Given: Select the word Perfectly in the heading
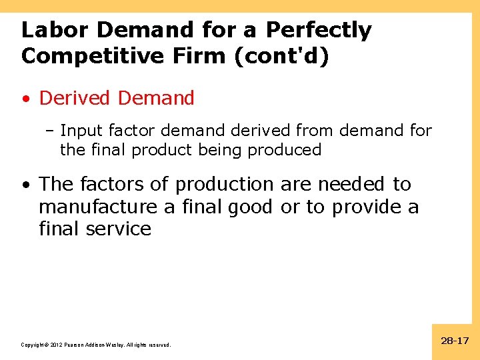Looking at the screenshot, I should (319, 30).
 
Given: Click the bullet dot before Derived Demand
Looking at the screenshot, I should (25, 99).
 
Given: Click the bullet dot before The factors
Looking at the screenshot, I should (25, 185).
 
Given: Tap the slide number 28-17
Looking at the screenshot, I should (455, 341).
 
